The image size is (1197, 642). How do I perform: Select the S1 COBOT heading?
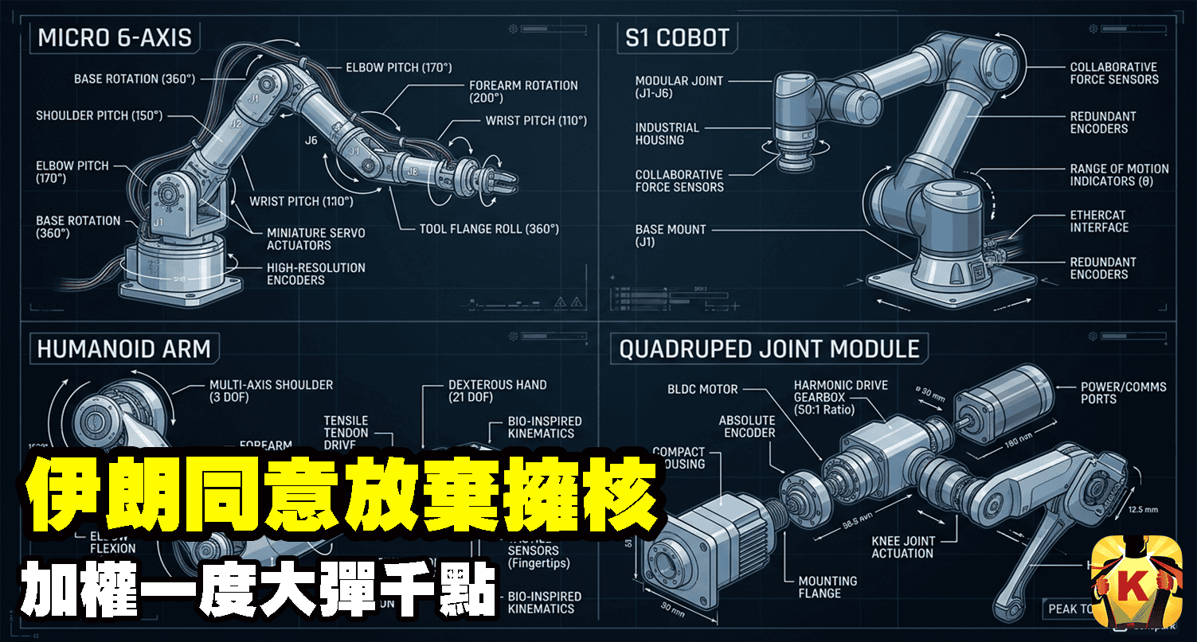[x=677, y=37]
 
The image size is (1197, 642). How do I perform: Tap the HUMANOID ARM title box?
[x=124, y=348]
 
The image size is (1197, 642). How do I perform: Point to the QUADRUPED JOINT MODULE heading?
[x=769, y=348]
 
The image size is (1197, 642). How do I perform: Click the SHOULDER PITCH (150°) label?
[x=99, y=116]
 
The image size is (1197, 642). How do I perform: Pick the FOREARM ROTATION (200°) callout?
[x=523, y=91]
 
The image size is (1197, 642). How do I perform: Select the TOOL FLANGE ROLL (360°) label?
[x=489, y=229]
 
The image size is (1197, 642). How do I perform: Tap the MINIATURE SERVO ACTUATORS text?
[x=316, y=239]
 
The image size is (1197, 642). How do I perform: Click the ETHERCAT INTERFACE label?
[x=1099, y=221]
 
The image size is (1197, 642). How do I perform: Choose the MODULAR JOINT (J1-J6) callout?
[x=679, y=87]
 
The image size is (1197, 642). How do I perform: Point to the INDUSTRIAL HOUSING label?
[x=667, y=134]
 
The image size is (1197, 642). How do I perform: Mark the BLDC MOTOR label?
[x=703, y=390]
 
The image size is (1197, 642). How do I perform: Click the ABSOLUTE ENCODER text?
[x=747, y=426]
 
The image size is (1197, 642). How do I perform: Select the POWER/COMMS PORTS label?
[x=1123, y=392]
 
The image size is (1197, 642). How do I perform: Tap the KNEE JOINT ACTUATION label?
[x=902, y=547]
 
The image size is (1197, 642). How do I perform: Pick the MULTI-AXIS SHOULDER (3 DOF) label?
[x=271, y=391]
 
